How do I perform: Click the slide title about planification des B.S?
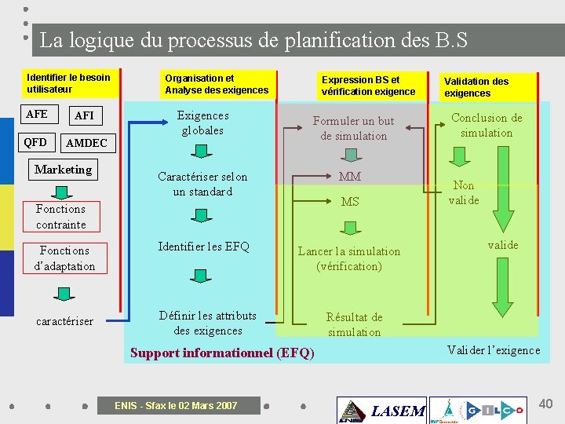(253, 40)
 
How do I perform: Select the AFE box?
(37, 115)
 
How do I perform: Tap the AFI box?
(84, 115)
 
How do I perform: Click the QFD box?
(35, 143)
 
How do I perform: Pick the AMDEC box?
(86, 144)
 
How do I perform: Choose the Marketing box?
(64, 170)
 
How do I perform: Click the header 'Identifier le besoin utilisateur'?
(68, 83)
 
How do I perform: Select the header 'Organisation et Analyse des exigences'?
(217, 84)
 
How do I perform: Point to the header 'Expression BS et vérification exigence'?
(368, 86)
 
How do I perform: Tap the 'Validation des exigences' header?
(476, 87)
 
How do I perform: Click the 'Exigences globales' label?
(202, 123)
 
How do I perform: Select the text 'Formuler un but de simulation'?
(353, 129)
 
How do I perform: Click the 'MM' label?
(350, 177)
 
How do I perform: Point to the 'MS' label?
(350, 202)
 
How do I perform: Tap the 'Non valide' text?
(464, 192)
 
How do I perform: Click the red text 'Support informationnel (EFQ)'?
(222, 353)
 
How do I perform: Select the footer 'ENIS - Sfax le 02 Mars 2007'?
(176, 406)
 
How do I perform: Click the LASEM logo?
(381, 410)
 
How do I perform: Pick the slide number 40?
(545, 404)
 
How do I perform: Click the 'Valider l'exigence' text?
(494, 350)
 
